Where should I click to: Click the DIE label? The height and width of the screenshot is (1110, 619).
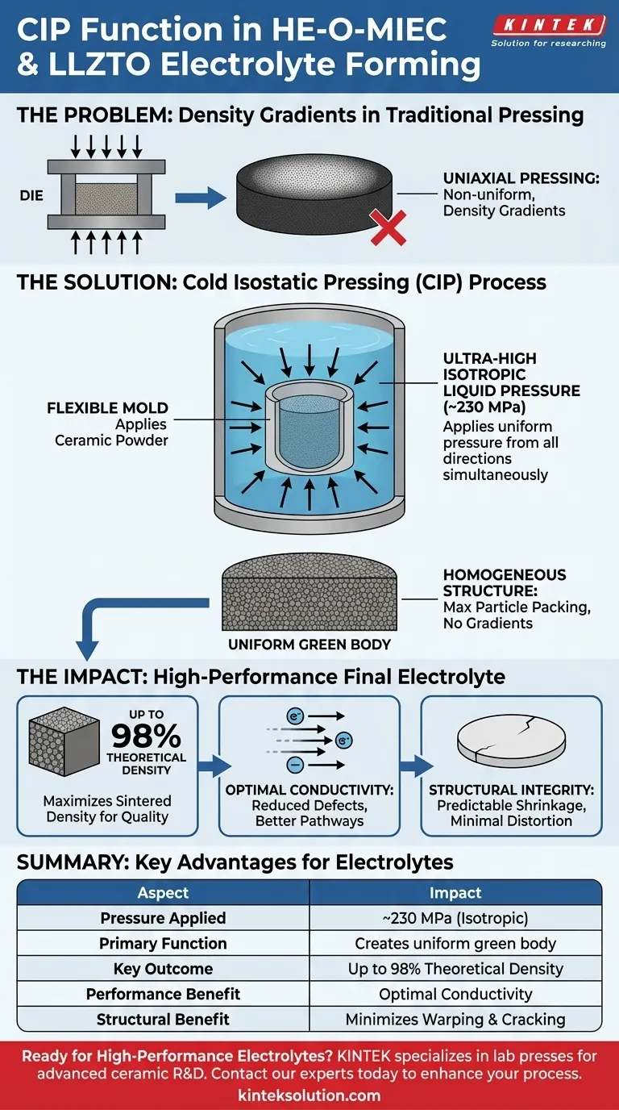[x=31, y=195]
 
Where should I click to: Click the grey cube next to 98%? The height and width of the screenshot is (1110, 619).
[x=62, y=746]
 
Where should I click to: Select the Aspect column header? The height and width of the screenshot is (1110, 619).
[x=163, y=892]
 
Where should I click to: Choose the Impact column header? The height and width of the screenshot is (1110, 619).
[x=455, y=892]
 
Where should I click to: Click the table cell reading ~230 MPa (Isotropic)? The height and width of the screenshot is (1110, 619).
[x=455, y=918]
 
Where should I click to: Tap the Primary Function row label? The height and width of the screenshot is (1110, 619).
[x=163, y=943]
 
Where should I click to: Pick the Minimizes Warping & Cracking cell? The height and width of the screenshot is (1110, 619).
[x=455, y=1019]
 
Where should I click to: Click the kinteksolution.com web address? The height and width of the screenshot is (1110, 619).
[x=309, y=1095]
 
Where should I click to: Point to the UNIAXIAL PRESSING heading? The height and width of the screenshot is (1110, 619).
[x=521, y=178]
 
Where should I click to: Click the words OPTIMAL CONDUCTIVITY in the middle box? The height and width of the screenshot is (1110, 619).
[x=309, y=790]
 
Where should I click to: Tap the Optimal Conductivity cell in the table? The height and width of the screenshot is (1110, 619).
[x=455, y=994]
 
